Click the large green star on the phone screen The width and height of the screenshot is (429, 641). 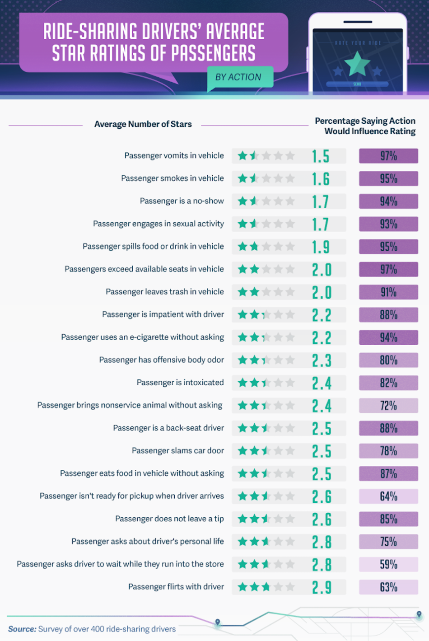(357, 64)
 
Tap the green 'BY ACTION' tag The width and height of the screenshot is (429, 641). (238, 77)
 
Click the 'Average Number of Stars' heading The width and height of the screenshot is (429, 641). (143, 124)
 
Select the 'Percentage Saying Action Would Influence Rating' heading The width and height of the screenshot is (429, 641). (365, 126)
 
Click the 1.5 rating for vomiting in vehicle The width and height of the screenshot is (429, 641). (321, 156)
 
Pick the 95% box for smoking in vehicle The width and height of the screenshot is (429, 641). (388, 178)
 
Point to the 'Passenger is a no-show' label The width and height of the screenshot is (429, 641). (182, 201)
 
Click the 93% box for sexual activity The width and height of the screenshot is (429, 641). (388, 224)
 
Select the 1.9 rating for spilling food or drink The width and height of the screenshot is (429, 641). (321, 247)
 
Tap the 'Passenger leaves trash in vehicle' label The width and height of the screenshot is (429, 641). (165, 292)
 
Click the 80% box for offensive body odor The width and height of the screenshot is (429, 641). (388, 360)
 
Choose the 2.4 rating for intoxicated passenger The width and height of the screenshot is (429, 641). (322, 383)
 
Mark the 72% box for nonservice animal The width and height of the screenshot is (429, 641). (388, 406)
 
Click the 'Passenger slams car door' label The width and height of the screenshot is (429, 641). (178, 450)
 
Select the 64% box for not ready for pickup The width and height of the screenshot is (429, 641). (388, 496)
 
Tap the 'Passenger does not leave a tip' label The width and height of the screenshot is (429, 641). (169, 519)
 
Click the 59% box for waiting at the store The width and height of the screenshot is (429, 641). (388, 564)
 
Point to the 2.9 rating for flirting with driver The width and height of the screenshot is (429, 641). (322, 587)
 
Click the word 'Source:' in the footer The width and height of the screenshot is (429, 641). (22, 629)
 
